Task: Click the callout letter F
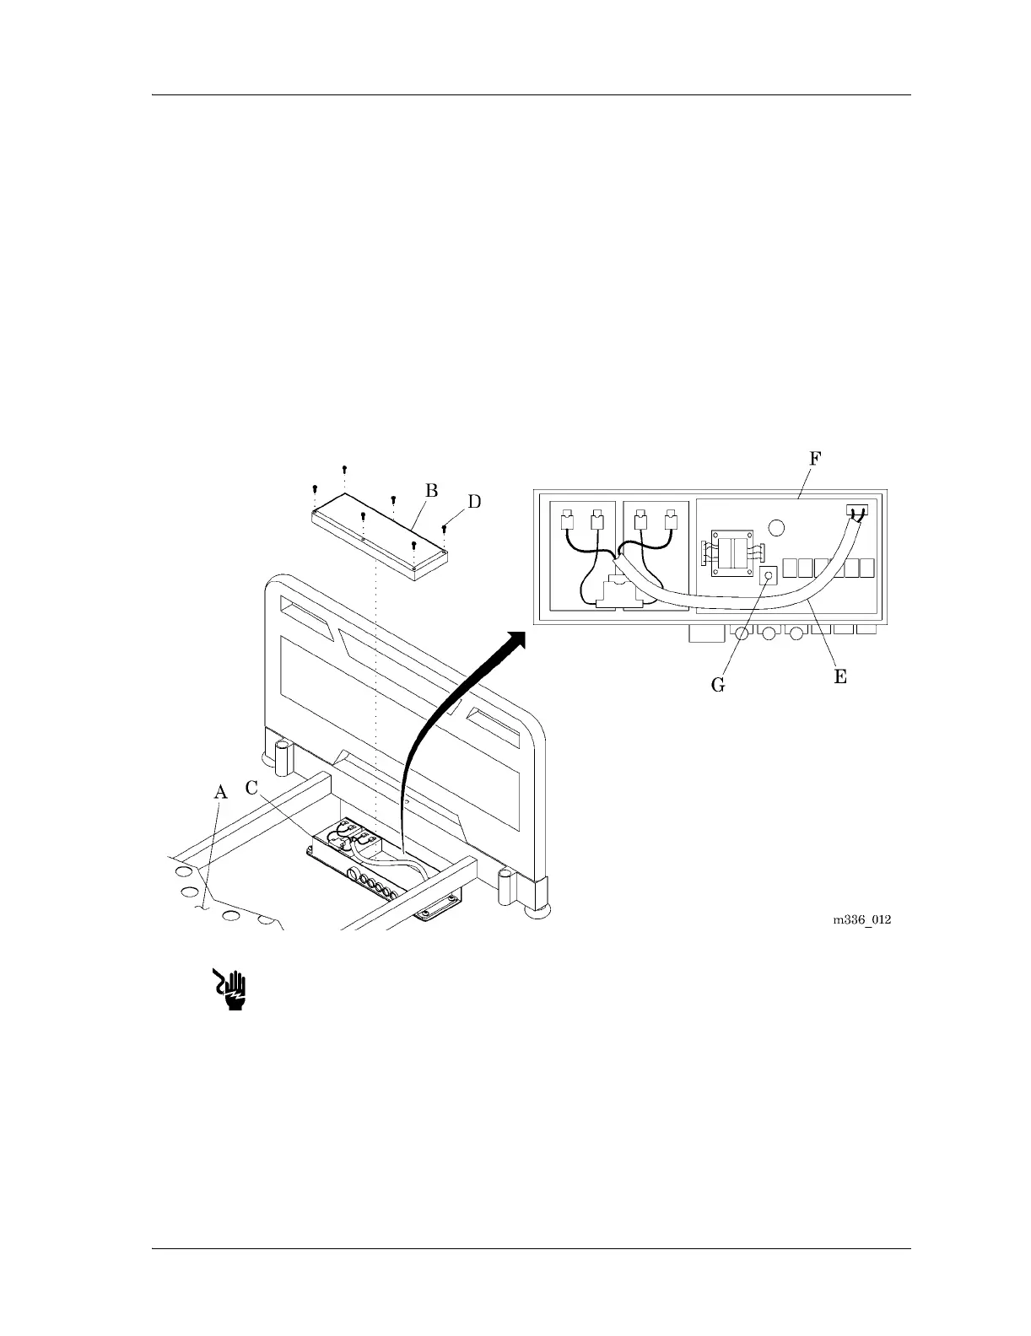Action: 815,460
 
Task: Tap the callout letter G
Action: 718,685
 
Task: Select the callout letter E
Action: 840,676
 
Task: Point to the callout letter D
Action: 475,502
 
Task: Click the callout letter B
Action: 430,490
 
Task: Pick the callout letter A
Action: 220,792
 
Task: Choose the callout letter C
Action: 251,788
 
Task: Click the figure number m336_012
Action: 862,919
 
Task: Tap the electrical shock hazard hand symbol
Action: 230,989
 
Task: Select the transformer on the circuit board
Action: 731,554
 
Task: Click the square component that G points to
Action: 769,576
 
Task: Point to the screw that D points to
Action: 444,530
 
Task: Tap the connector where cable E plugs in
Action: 856,511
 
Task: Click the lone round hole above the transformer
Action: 778,527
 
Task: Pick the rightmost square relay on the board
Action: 866,568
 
